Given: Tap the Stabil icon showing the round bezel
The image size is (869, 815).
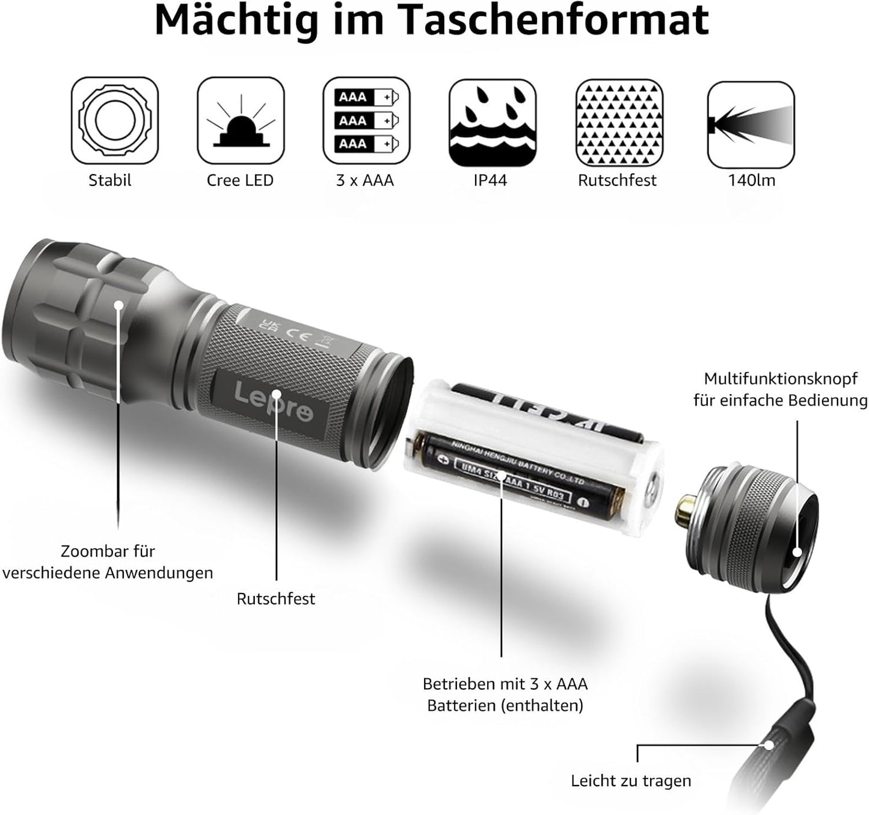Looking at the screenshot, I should (x=114, y=120).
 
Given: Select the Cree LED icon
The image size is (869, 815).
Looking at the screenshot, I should (x=241, y=120).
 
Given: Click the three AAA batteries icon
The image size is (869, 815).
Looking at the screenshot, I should (x=366, y=120).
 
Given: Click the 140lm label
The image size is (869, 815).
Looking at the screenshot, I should (x=751, y=180).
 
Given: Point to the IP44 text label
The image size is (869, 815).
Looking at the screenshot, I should (x=490, y=180).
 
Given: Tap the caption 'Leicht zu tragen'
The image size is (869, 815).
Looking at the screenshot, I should (x=630, y=781).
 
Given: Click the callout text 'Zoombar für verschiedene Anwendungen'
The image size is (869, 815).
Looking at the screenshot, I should (x=108, y=562).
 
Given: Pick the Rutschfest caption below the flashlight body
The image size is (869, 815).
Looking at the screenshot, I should (x=275, y=598).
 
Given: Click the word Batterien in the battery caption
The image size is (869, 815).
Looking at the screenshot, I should (x=461, y=705).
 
